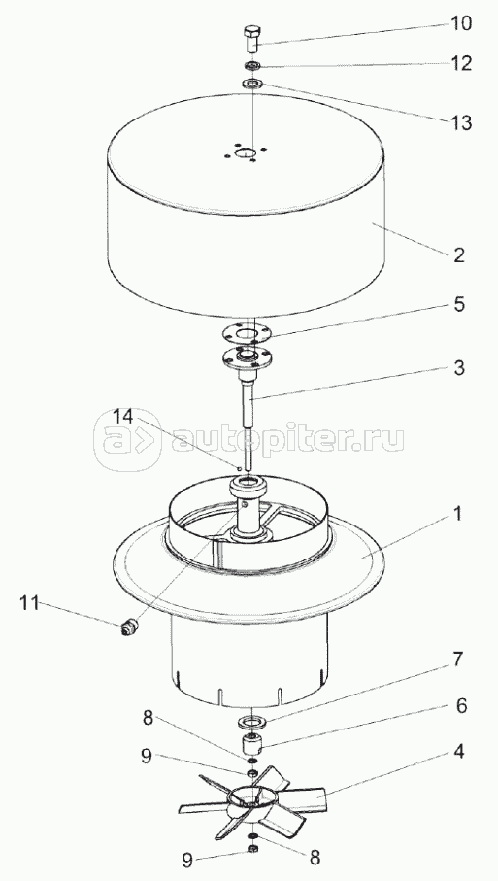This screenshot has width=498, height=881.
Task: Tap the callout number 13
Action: (x=460, y=122)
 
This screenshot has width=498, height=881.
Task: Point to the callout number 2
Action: (x=459, y=255)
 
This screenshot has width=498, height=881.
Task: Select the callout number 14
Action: (x=123, y=417)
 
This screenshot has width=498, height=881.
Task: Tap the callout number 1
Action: (x=457, y=513)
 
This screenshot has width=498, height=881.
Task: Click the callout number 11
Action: (x=29, y=603)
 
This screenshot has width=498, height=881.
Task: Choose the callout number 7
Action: (x=459, y=660)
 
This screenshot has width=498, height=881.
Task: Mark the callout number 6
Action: (x=461, y=706)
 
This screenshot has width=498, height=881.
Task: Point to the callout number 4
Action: (x=459, y=751)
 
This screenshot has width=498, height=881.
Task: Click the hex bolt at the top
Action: (x=252, y=38)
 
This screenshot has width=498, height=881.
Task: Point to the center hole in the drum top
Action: (x=245, y=153)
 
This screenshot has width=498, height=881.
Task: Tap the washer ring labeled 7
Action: (x=252, y=721)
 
